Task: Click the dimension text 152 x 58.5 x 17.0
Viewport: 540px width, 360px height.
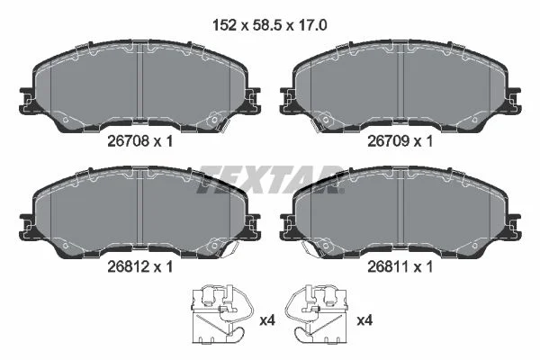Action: point(270,25)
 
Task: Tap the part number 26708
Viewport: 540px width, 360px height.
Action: point(128,141)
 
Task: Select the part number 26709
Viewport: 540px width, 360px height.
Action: point(388,141)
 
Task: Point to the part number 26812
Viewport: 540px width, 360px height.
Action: point(128,266)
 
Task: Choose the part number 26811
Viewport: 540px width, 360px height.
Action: point(388,266)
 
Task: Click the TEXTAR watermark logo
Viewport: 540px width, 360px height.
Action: point(271,179)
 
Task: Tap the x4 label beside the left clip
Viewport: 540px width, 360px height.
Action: point(267,320)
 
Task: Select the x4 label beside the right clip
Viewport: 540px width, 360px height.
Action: point(364,320)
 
